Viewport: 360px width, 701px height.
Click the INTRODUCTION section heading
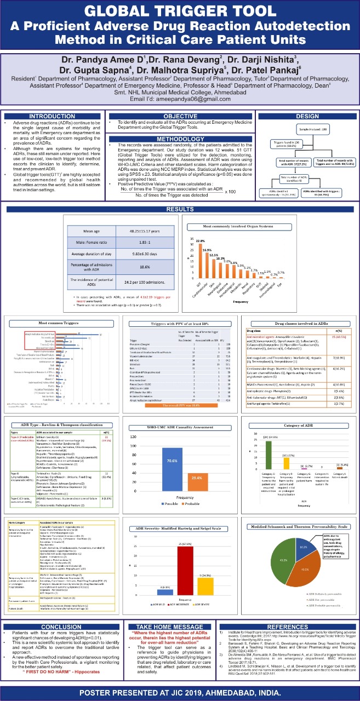click(x=52, y=116)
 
